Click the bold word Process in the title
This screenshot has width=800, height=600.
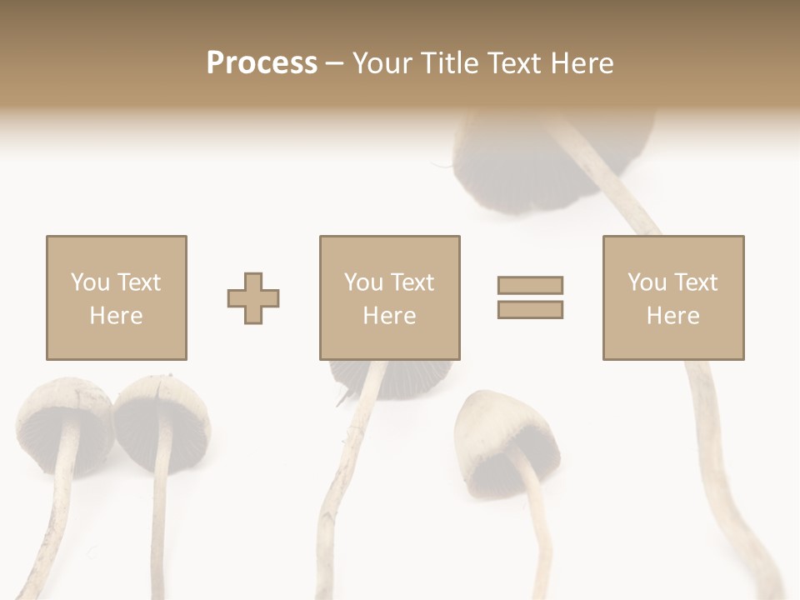point(262,62)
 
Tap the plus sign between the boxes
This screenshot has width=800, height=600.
point(253,298)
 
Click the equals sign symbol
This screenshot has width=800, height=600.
point(530,297)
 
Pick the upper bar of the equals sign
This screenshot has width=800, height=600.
point(530,285)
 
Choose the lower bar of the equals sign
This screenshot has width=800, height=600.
point(530,310)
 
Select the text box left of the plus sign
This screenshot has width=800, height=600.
point(116,297)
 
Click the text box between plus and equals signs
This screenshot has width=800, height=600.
point(389,297)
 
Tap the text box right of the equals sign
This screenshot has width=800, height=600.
point(672,297)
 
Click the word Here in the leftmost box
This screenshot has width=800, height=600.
point(116,316)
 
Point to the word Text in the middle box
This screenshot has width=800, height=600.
point(412,282)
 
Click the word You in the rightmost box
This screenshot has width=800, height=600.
point(647,282)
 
